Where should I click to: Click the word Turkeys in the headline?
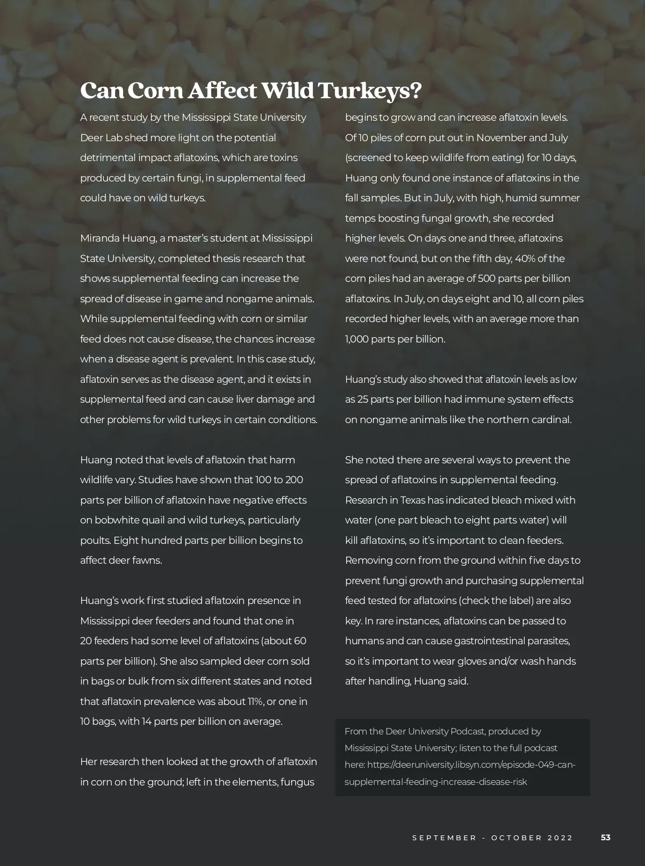click(x=370, y=91)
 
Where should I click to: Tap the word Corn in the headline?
click(x=156, y=91)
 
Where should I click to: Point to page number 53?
click(x=606, y=838)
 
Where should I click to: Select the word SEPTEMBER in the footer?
click(x=444, y=838)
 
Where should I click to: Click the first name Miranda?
click(x=100, y=238)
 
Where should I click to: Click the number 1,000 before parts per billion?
click(x=356, y=339)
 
